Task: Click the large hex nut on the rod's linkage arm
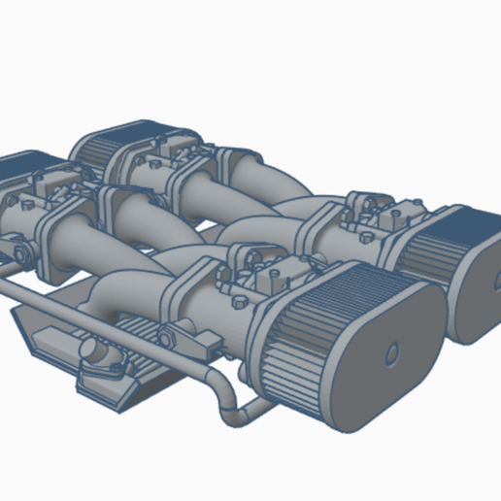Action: [165, 339]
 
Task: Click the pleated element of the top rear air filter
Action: [97, 150]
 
